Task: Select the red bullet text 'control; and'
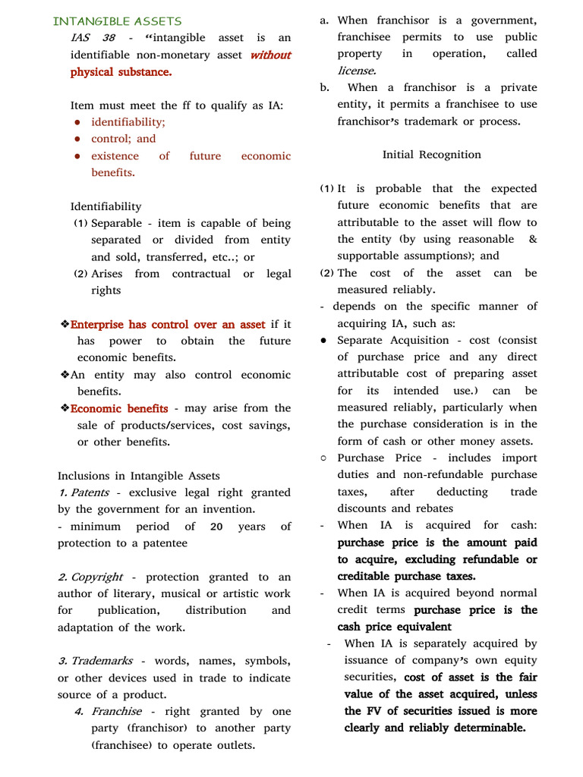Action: point(123,139)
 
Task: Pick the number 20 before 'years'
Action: point(216,527)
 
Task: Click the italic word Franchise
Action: point(116,712)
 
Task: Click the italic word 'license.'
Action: point(357,71)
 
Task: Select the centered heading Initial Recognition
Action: point(431,155)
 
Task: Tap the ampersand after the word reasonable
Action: point(532,239)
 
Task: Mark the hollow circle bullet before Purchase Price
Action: point(323,458)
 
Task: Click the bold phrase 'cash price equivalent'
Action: point(394,627)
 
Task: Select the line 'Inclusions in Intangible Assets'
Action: point(138,476)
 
